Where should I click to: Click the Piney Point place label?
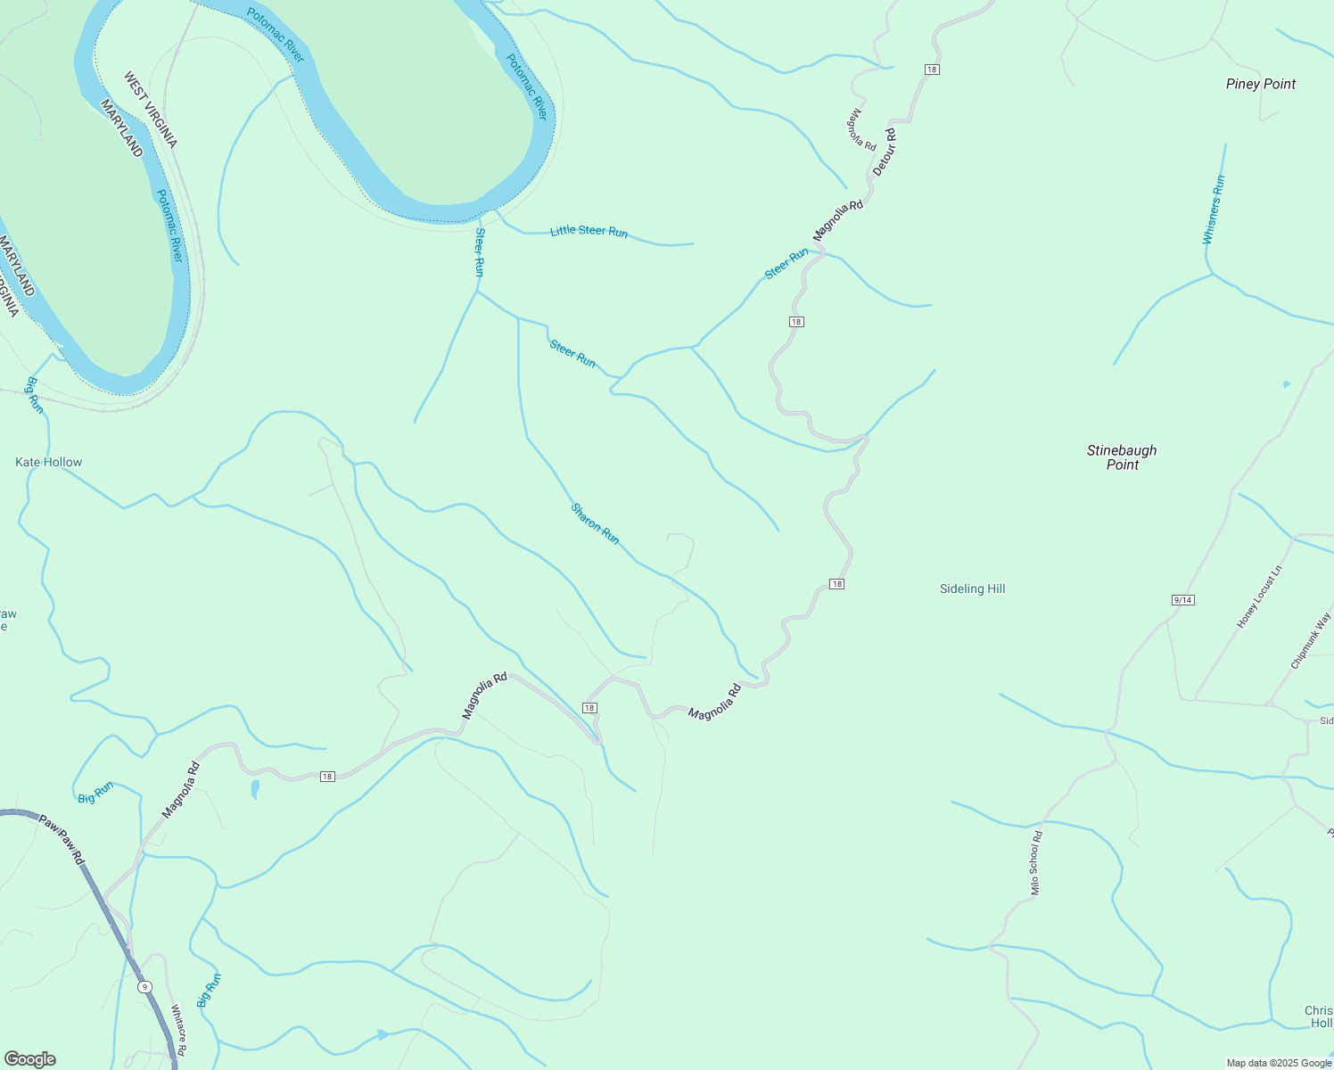click(x=1260, y=84)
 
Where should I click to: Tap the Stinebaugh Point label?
click(x=1122, y=457)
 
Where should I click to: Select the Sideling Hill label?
click(x=972, y=588)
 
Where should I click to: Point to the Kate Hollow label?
click(x=49, y=462)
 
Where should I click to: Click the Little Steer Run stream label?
click(x=589, y=231)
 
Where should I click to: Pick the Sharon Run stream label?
click(x=595, y=523)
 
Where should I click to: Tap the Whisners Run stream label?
click(x=1214, y=210)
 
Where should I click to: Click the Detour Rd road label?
click(x=885, y=151)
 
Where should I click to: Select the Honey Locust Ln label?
click(x=1259, y=597)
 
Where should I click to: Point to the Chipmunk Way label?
click(x=1311, y=640)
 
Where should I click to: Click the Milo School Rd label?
click(x=1035, y=862)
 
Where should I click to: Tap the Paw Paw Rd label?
click(x=62, y=839)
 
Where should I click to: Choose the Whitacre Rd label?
click(x=178, y=1031)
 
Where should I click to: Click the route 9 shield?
click(x=144, y=987)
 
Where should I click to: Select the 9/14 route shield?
click(x=1182, y=600)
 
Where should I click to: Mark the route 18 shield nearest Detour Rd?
click(x=932, y=70)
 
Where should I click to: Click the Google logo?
click(x=29, y=1059)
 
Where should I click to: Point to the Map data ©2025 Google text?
click(x=1279, y=1063)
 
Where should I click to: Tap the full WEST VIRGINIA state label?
click(x=150, y=110)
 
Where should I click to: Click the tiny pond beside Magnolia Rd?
click(x=255, y=789)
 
